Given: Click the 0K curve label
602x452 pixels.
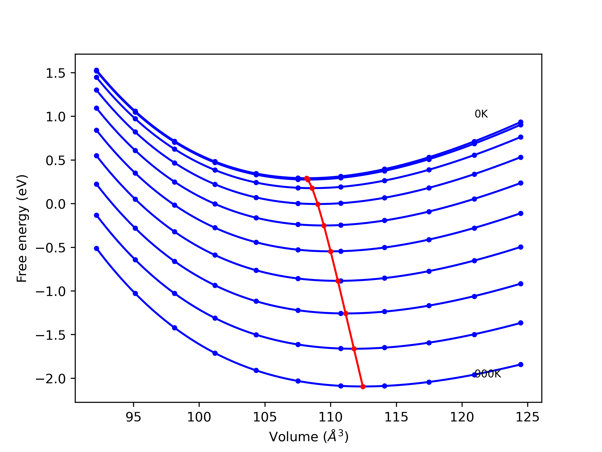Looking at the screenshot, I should pos(481,114).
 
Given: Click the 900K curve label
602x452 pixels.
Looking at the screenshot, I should pos(488,374).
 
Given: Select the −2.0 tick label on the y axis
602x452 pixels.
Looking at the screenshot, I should pos(51,379).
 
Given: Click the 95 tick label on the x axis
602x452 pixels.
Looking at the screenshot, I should pos(133,417).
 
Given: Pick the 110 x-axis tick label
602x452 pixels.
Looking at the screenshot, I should pos(330,417).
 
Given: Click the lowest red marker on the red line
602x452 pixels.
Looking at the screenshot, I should pos(363,387).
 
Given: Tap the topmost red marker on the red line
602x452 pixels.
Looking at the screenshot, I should pos(307,178).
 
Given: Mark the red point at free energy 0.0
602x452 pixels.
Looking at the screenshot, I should pos(318,204).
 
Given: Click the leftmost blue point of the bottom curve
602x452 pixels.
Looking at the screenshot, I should pos(97,248).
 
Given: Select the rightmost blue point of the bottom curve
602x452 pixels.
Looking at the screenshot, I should pos(521,364).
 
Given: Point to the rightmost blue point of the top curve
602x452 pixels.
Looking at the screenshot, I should pos(521,122).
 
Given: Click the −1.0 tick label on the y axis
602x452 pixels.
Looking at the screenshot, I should pos(51,291).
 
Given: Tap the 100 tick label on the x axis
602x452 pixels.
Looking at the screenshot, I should pos(199,417).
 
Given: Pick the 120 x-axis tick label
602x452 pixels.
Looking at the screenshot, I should pos(462,417).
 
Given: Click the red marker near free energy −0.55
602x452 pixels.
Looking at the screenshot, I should pos(331,251).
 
